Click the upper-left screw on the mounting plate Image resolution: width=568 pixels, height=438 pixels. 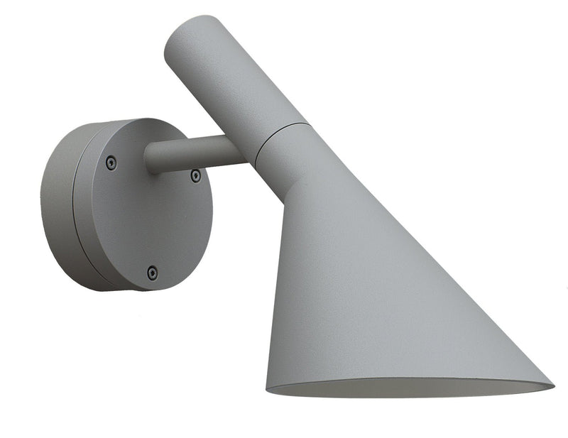click(111, 163)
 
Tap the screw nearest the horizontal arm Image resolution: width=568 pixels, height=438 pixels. click(195, 175)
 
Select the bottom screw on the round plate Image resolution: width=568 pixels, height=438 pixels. click(152, 272)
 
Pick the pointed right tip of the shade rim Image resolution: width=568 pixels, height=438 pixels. click(551, 385)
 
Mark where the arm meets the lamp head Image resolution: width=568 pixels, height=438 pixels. click(248, 150)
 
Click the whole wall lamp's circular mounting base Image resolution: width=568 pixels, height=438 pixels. click(128, 206)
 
